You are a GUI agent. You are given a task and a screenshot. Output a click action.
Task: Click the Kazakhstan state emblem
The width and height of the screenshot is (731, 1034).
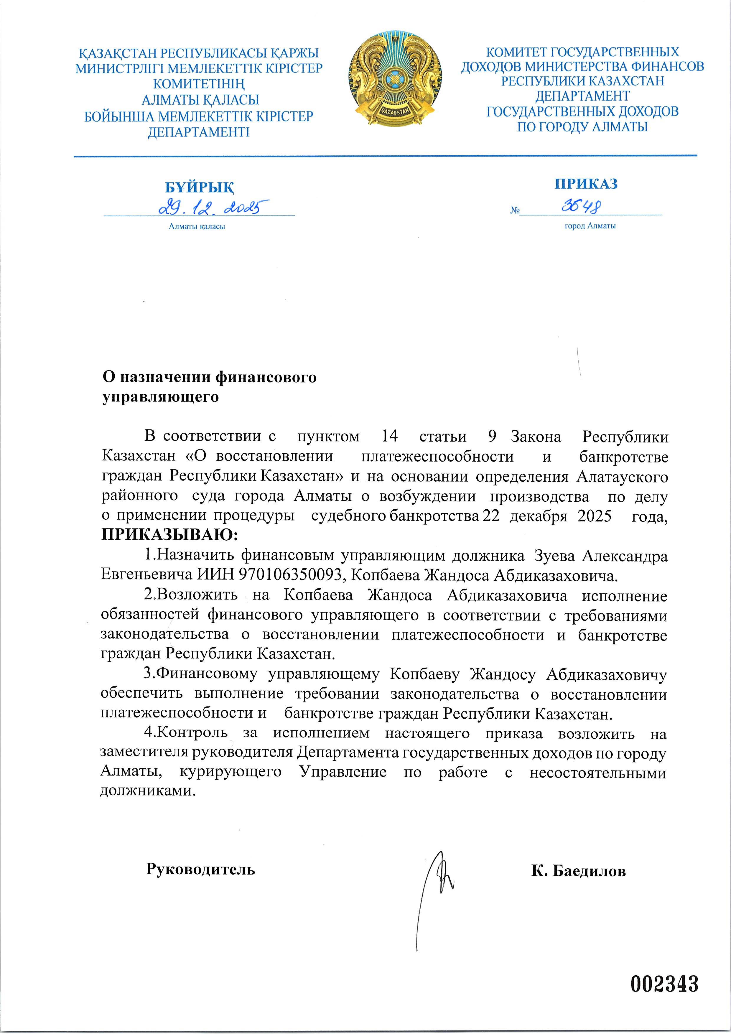395,79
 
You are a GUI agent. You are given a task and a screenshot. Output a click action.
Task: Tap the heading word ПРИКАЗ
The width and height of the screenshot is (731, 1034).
586,184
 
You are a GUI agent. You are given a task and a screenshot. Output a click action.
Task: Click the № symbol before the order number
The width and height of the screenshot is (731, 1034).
515,210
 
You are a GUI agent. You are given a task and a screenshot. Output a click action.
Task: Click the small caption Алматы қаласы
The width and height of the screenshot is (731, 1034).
197,227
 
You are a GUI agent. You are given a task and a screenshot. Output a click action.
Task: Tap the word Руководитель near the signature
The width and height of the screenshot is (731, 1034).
200,869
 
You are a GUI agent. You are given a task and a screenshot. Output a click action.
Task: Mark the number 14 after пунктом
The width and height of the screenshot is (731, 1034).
390,436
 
